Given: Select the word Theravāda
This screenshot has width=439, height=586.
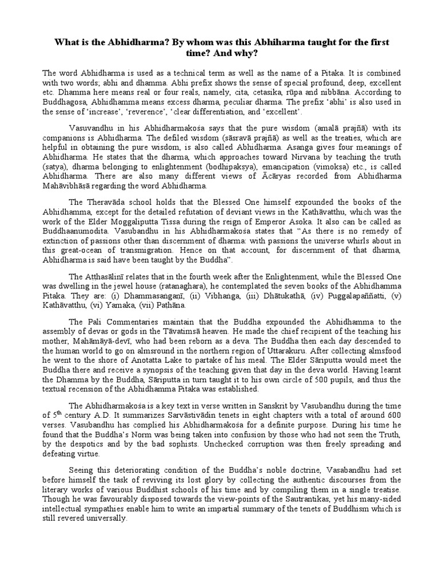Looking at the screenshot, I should [x=108, y=203].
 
